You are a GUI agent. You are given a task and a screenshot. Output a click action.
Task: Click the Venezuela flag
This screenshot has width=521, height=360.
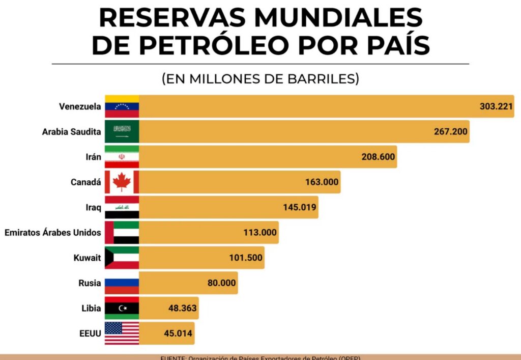click(x=122, y=106)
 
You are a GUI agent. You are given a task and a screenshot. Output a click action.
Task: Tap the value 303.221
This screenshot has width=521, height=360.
click(x=496, y=106)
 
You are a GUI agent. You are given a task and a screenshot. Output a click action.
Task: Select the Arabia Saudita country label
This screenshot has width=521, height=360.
click(x=71, y=132)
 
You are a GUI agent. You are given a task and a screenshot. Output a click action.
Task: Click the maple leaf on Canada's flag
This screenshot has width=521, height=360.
click(x=122, y=182)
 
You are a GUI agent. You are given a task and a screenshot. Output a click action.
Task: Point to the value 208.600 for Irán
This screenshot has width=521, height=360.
click(x=378, y=157)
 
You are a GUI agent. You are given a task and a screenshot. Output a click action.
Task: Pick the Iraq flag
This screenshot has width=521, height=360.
click(x=122, y=207)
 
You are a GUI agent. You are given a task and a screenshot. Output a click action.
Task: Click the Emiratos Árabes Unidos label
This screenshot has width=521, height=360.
click(x=52, y=233)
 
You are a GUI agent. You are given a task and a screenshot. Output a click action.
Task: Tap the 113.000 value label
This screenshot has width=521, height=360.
click(x=260, y=233)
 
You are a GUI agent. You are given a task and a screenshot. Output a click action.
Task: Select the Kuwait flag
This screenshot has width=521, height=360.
click(x=122, y=258)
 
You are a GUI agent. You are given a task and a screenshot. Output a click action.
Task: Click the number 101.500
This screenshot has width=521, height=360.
click(x=246, y=258)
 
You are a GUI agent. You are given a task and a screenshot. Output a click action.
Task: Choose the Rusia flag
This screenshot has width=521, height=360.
click(x=122, y=283)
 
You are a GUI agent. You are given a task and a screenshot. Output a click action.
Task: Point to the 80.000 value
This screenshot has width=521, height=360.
click(x=221, y=283)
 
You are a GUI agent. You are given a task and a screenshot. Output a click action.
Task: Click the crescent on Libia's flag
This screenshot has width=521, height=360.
click(x=121, y=308)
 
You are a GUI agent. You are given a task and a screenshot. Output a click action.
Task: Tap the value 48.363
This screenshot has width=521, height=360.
click(x=182, y=308)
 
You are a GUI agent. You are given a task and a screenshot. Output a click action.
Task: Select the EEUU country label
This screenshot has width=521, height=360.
click(x=89, y=334)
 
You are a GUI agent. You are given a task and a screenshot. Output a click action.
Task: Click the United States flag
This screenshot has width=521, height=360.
click(x=122, y=334)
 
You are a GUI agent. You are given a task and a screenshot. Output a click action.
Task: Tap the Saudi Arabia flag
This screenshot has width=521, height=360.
click(x=122, y=132)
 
